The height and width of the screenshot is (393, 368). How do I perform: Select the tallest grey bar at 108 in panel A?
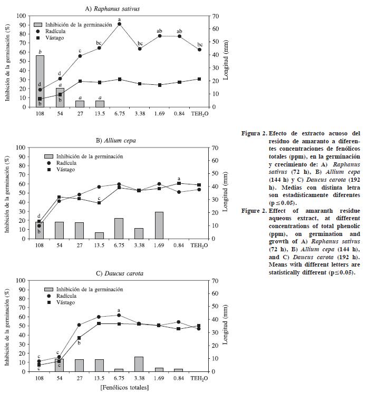pos(40,81)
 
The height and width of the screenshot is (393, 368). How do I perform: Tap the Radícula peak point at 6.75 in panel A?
pos(120,24)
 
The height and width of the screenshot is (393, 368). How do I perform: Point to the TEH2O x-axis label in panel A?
pos(199,113)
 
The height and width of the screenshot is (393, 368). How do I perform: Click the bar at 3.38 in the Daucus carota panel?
pos(139,364)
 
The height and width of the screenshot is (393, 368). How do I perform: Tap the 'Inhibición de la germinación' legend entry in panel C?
pos(91,289)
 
